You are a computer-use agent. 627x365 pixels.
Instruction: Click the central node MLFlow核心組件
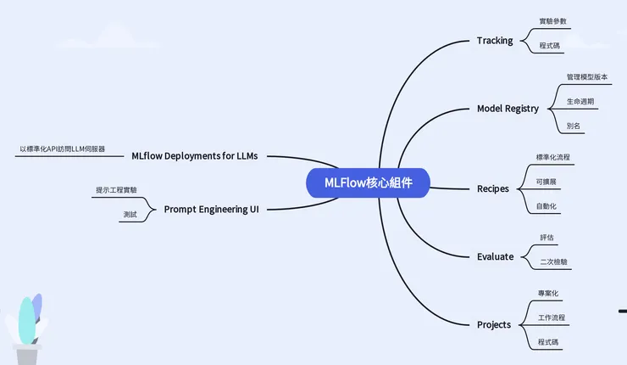click(369, 183)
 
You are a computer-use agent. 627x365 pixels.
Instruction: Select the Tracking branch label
click(495, 40)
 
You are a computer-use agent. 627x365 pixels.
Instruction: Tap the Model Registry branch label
click(508, 109)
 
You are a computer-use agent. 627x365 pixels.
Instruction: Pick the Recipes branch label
click(493, 188)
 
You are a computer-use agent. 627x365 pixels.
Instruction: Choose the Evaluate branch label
click(495, 256)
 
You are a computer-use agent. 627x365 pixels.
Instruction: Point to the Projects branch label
click(494, 324)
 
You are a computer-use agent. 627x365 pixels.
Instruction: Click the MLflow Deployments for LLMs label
click(194, 155)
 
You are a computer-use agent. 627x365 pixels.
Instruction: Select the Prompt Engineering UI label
click(211, 208)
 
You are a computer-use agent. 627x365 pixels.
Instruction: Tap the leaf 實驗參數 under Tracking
click(553, 20)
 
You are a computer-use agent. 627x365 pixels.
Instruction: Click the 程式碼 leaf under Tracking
click(550, 46)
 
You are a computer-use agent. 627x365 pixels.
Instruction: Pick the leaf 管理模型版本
click(587, 76)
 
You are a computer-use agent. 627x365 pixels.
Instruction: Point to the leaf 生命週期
click(580, 101)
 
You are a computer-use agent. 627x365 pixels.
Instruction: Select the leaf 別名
click(574, 126)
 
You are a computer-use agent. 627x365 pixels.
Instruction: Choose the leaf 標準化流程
click(553, 157)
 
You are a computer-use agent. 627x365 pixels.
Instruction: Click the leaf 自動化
click(547, 206)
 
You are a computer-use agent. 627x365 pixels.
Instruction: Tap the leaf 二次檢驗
click(554, 262)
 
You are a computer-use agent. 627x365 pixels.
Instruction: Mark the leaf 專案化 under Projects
click(548, 293)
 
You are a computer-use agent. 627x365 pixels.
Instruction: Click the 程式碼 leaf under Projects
click(548, 342)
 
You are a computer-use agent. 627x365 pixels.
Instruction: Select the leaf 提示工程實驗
click(116, 189)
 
